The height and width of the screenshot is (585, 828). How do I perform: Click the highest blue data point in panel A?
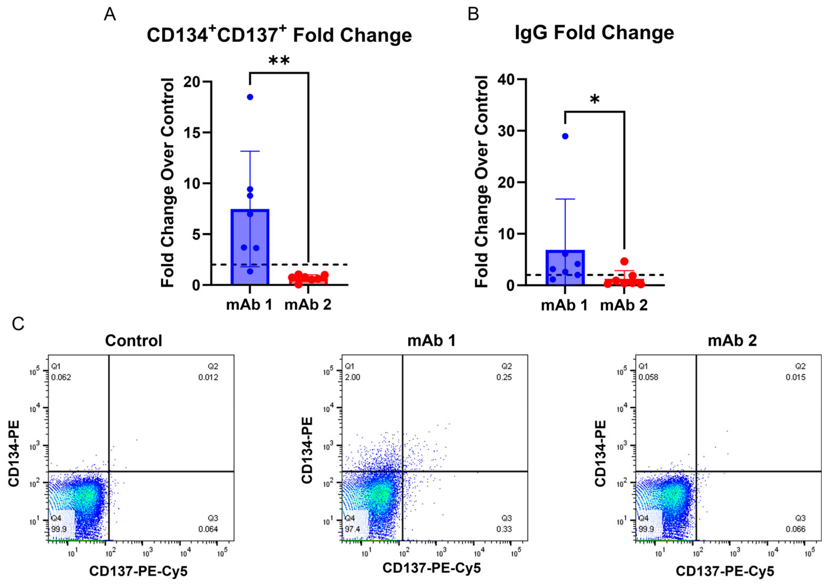click(x=250, y=97)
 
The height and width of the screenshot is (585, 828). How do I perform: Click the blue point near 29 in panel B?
click(x=565, y=136)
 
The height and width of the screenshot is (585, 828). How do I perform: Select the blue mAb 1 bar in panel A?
click(x=250, y=249)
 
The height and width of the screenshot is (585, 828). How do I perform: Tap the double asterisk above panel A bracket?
click(x=279, y=61)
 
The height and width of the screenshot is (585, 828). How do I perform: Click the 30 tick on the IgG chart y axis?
click(x=506, y=131)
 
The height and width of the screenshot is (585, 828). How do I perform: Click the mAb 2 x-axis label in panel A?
click(x=308, y=305)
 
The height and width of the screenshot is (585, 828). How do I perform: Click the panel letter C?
click(x=18, y=324)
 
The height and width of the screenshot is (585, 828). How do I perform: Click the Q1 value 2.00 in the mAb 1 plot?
click(x=352, y=377)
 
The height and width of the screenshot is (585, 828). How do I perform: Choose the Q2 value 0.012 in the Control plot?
click(x=208, y=377)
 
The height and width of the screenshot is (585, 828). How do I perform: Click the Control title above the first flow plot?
click(x=133, y=340)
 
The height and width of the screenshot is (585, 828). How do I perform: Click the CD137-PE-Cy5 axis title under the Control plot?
click(x=138, y=571)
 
